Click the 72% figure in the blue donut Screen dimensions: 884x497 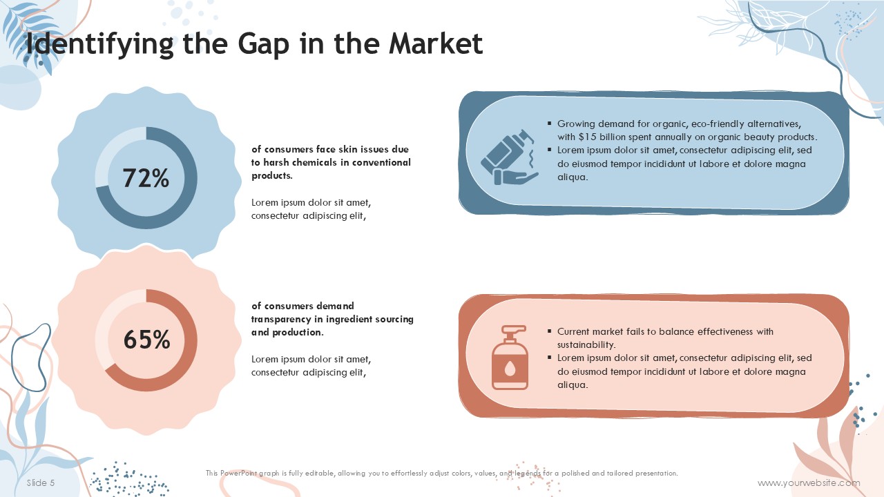tap(146, 178)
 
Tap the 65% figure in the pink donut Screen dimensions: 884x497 tap(146, 340)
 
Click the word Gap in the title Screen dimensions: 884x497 tap(263, 44)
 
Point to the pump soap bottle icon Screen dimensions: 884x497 tap(510, 358)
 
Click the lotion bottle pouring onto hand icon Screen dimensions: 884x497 tap(510, 157)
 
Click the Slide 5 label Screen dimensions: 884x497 tap(41, 483)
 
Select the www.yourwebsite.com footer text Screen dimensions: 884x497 tap(809, 483)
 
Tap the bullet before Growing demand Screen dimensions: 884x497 tap(549, 124)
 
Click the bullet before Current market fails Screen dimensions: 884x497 tap(549, 331)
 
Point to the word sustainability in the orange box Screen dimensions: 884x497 tap(586, 344)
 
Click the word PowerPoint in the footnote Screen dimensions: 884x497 tap(238, 473)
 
